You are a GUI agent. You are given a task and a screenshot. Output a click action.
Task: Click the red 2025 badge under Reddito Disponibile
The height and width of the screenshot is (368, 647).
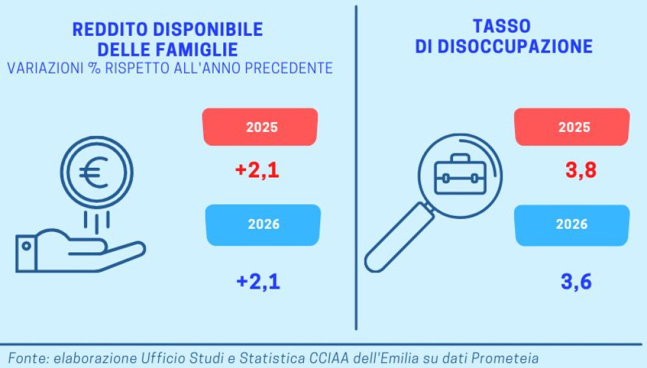(260, 127)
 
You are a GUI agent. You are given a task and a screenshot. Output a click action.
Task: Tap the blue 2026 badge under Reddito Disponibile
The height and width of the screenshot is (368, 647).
(263, 224)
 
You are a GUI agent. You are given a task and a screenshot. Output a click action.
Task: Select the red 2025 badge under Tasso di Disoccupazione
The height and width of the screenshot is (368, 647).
(572, 127)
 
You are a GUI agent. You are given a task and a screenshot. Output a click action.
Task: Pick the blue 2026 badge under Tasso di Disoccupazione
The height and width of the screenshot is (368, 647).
(572, 224)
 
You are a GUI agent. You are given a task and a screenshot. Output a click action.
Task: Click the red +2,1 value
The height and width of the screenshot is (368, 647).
(257, 171)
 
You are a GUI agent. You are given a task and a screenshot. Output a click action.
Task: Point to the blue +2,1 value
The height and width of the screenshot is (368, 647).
(258, 282)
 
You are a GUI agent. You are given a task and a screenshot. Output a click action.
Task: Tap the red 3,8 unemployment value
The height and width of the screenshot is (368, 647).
(581, 171)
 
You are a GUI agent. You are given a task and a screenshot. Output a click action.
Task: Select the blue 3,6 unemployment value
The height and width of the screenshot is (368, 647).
(576, 282)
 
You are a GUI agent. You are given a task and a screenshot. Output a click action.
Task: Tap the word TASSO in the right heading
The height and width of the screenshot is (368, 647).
(501, 27)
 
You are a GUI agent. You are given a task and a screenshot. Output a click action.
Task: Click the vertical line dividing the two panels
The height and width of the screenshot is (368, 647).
(356, 169)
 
